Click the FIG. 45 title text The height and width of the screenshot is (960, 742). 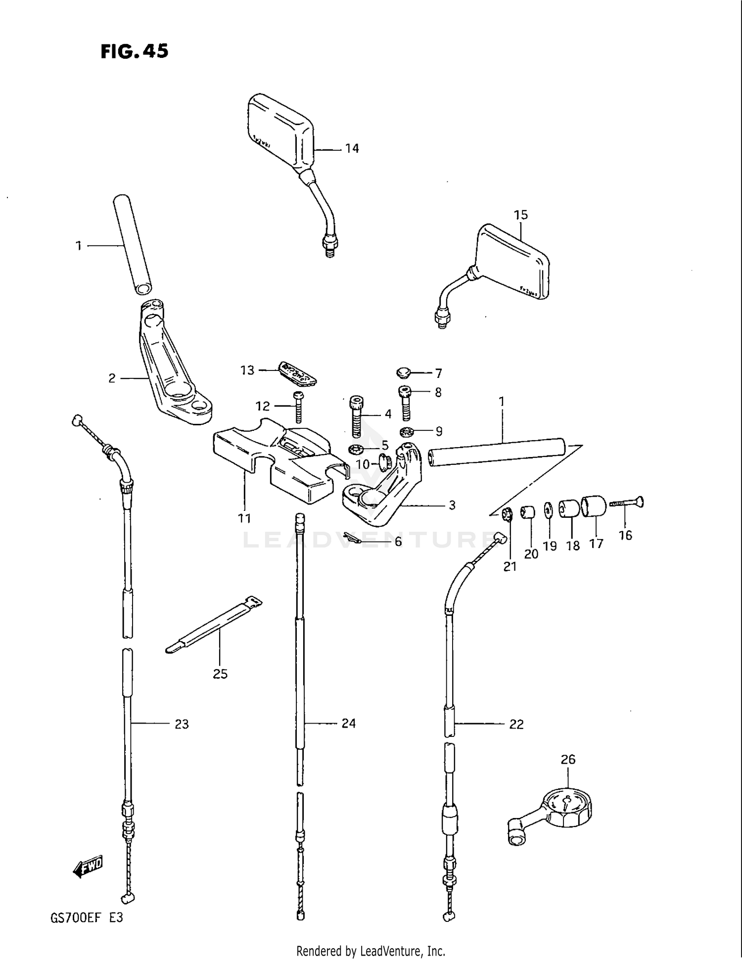tap(134, 51)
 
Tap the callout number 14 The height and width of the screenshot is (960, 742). tap(352, 148)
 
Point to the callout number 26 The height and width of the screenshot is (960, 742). tap(568, 759)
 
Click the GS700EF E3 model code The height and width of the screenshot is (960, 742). tap(86, 918)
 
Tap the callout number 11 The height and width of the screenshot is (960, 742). tap(244, 518)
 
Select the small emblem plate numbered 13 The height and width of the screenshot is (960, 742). tap(297, 372)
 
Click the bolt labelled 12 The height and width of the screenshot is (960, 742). tap(298, 408)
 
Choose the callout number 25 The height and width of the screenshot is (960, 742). tap(220, 674)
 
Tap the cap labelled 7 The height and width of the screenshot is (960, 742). tap(404, 371)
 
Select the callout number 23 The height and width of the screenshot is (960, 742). tap(182, 724)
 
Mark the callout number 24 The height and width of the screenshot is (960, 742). tap(348, 724)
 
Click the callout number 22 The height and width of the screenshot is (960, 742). tap(516, 724)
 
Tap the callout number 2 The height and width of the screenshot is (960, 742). tap(112, 378)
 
